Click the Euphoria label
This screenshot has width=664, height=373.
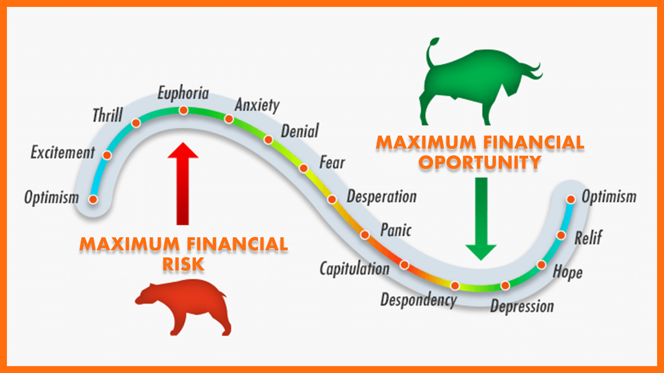(x=183, y=93)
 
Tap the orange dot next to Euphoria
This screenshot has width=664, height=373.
(x=184, y=110)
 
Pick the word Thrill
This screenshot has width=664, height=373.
(x=108, y=115)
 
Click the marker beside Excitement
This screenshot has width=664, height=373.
(x=107, y=155)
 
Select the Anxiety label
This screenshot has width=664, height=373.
(x=257, y=105)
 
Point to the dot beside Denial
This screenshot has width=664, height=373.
(x=268, y=140)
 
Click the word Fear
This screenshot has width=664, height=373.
(x=332, y=162)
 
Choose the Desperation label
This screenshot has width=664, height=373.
(x=382, y=197)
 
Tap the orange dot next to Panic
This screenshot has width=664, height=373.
(x=365, y=235)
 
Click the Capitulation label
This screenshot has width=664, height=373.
(x=354, y=269)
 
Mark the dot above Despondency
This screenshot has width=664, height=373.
(x=455, y=286)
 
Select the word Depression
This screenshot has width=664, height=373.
(x=522, y=306)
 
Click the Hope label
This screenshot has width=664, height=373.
(x=568, y=272)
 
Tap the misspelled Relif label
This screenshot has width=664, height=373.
(x=588, y=238)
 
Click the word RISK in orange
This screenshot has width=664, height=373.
(x=184, y=264)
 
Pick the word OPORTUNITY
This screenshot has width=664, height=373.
(x=480, y=162)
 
